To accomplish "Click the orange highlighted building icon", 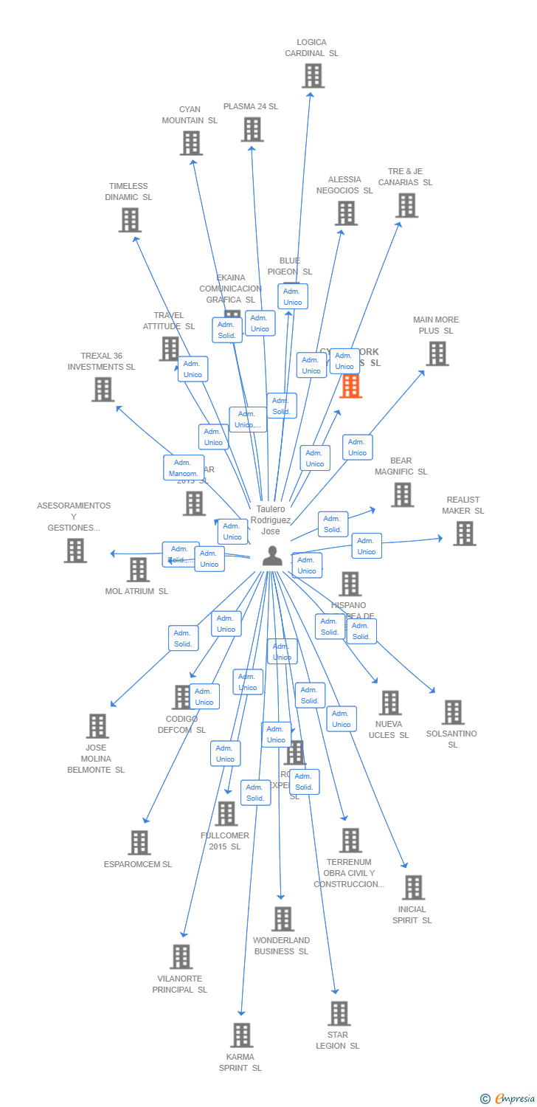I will click(x=350, y=386).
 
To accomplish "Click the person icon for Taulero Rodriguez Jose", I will click(x=272, y=556).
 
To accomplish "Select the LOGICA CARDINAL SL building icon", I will click(x=313, y=75).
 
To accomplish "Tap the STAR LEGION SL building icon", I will click(x=339, y=1013).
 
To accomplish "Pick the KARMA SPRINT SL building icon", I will click(x=241, y=1035).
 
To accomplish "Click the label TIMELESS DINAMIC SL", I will click(x=128, y=192).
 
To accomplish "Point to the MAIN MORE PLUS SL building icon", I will click(x=437, y=354).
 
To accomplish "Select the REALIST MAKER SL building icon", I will click(x=464, y=533).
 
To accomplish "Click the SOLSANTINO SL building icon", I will click(x=452, y=712).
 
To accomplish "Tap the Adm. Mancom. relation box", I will click(x=184, y=468).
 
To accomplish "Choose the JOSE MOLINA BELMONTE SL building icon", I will click(x=97, y=725).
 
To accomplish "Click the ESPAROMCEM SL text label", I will click(x=138, y=864).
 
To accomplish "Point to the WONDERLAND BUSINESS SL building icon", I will click(x=283, y=919).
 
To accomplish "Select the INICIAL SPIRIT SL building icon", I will click(x=413, y=887).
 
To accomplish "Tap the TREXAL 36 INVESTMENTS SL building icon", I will click(x=103, y=389).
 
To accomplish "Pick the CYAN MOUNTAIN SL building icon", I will click(x=191, y=142).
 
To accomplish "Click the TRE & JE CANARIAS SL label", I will click(x=406, y=177).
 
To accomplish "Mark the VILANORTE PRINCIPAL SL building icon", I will click(x=181, y=956).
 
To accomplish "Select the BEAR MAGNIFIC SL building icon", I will click(x=402, y=494).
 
